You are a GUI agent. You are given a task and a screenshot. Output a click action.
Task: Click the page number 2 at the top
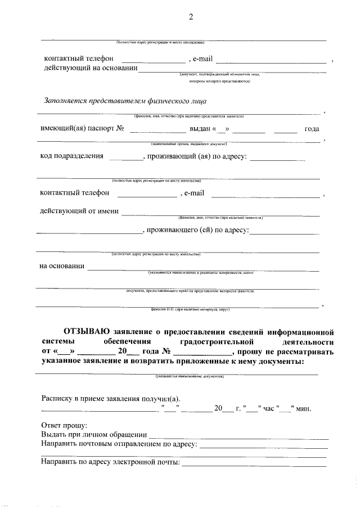pos(191,16)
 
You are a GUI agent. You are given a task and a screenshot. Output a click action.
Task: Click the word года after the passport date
pos(312,129)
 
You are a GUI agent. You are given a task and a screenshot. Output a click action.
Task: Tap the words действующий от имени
pos(79,211)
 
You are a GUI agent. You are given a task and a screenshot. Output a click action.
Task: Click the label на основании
pos(62,266)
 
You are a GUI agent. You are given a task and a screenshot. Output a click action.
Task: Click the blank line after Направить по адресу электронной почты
pos(254,462)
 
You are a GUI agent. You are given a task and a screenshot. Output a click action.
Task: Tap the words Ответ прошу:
pos(64,425)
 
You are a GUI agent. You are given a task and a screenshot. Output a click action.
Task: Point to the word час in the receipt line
pos(269,408)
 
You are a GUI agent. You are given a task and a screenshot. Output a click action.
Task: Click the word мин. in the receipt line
pos(304,408)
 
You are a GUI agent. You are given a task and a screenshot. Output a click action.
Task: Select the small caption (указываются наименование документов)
pos(189,376)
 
